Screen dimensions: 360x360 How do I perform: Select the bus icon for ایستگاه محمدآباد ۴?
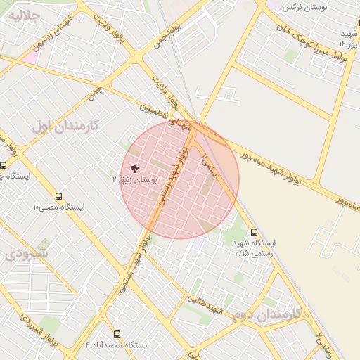[x=117, y=334]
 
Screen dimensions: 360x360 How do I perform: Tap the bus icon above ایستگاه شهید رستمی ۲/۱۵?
[x=254, y=231]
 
